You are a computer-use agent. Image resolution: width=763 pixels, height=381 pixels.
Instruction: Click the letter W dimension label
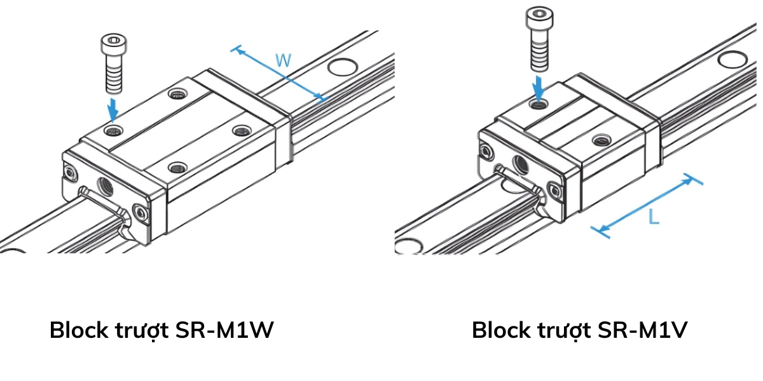pos(284,61)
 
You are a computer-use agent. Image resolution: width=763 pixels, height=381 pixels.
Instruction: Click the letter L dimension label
pos(653,218)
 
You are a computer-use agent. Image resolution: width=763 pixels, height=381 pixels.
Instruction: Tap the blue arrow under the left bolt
pos(113,109)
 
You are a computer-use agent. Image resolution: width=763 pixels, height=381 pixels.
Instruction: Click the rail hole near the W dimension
pos(341,66)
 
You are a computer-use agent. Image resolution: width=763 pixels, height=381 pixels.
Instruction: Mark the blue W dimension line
pos(280,74)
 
